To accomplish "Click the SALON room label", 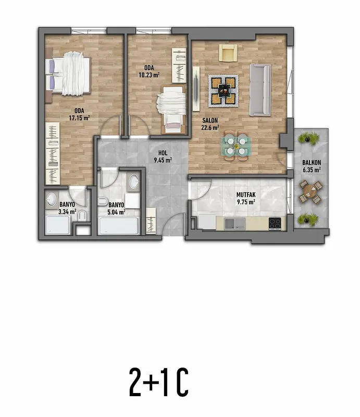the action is click(x=210, y=120).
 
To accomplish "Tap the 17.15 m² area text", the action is click(x=79, y=118).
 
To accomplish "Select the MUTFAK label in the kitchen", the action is click(x=246, y=194).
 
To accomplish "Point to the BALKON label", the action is click(x=312, y=163).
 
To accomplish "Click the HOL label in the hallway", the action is click(x=163, y=153).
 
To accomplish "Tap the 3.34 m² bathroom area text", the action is click(x=67, y=212).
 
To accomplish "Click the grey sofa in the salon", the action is click(x=260, y=90).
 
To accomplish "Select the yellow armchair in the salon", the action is click(x=228, y=53).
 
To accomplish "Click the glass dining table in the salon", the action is click(x=236, y=146).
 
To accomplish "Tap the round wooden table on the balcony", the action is click(x=311, y=191).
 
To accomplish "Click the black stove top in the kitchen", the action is click(x=275, y=224).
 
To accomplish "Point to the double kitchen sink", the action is click(x=235, y=224).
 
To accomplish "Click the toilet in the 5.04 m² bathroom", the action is click(x=103, y=202).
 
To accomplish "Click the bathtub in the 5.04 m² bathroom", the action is click(x=119, y=226).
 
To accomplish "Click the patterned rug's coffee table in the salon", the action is click(x=223, y=91).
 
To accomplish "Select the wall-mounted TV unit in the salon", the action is click(x=196, y=89).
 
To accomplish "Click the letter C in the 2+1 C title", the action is click(x=182, y=382).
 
